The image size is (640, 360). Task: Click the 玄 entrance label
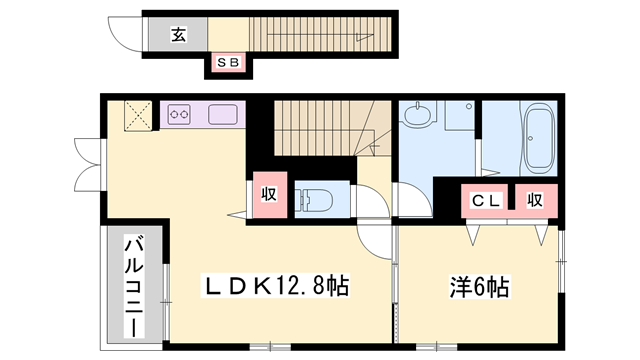coord(177,36)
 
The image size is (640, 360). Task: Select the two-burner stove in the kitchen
coord(180,115)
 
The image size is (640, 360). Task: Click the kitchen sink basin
coord(222,115)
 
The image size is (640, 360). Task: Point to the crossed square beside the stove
coord(136,116)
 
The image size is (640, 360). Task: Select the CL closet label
coord(485,199)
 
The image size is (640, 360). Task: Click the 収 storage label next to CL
coord(536,199)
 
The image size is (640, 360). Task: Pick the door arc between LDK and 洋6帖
coord(377,243)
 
